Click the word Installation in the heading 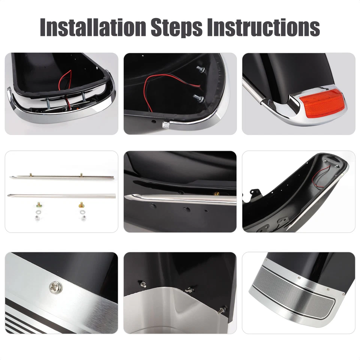[92, 27]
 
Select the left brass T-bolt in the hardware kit [38, 204]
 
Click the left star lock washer [38, 212]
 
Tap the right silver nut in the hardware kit [82, 219]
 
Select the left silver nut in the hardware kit [38, 219]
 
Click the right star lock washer [82, 212]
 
